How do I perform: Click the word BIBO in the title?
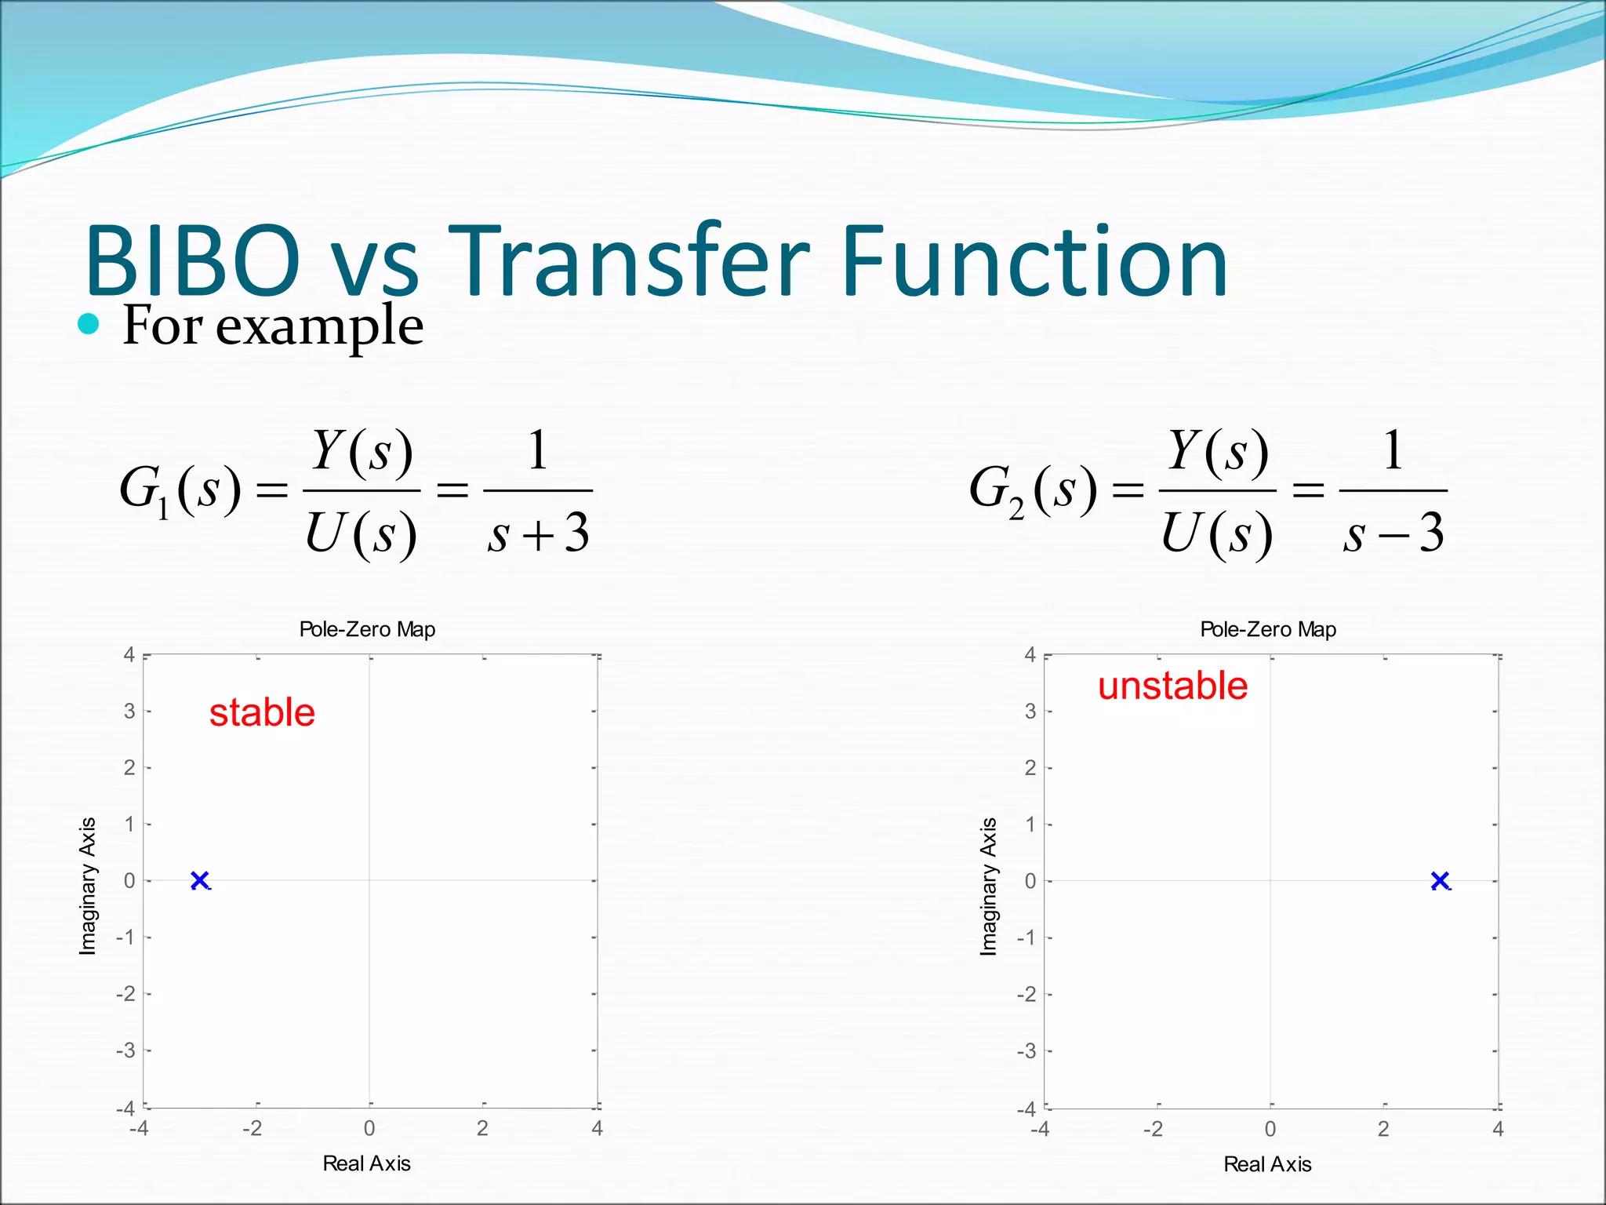(192, 261)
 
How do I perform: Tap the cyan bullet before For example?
(89, 324)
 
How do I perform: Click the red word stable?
(262, 712)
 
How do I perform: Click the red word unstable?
(1172, 686)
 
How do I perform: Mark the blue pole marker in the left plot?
(200, 880)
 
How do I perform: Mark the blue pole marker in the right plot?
(1440, 881)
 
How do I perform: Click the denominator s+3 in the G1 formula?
(538, 534)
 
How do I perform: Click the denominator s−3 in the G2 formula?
(1393, 534)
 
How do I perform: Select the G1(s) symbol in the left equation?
(180, 490)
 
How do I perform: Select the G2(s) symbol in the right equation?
(1034, 490)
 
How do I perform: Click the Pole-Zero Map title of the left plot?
(367, 629)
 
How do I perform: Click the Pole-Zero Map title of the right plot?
(1268, 629)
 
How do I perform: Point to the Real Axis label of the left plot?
(366, 1163)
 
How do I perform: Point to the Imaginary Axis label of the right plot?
(988, 886)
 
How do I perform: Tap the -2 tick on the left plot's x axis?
(252, 1128)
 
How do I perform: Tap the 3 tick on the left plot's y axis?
(129, 711)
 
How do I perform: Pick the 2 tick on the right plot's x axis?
(1383, 1129)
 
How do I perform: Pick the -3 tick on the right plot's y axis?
(1026, 1050)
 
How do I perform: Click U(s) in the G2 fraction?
(1216, 534)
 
